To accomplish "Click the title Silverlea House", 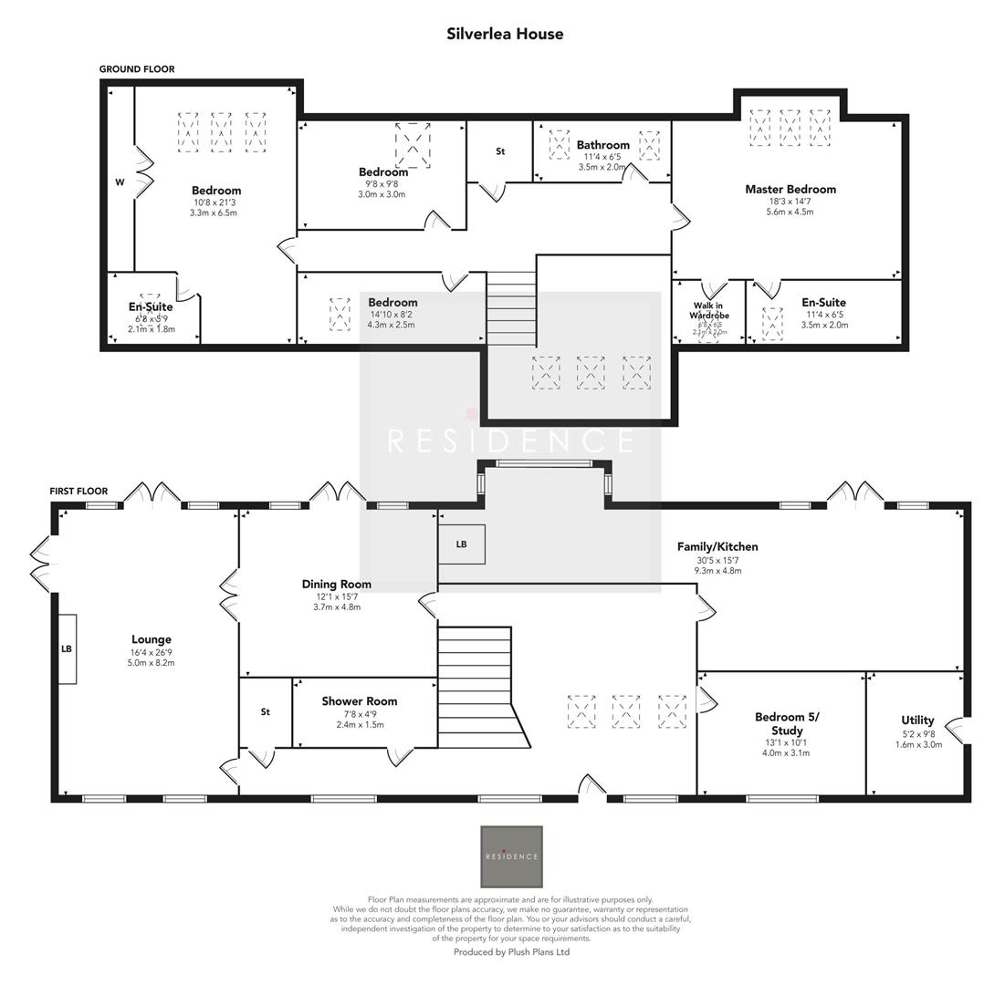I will click(x=505, y=34).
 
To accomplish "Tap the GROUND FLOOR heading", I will click(x=137, y=69).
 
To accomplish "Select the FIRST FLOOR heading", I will click(x=79, y=492).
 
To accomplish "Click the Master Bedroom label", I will click(x=790, y=190).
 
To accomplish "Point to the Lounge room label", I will click(x=152, y=639).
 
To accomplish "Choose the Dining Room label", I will click(x=337, y=584).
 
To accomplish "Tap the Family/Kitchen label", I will click(x=717, y=546).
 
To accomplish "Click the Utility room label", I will click(x=917, y=721).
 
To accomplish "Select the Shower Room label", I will click(x=359, y=701).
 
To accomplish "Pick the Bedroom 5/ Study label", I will click(x=787, y=723).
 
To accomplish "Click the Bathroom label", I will click(x=602, y=145).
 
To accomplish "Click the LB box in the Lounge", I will click(x=67, y=649).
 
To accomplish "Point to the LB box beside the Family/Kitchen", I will click(x=461, y=544).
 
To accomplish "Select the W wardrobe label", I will click(x=120, y=182).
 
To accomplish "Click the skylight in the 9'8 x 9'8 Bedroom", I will click(x=413, y=144).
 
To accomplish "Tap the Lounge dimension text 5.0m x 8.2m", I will click(x=152, y=663).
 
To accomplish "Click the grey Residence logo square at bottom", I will click(x=511, y=856).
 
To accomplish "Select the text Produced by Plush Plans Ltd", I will click(x=511, y=951).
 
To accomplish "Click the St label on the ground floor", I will click(x=500, y=151).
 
